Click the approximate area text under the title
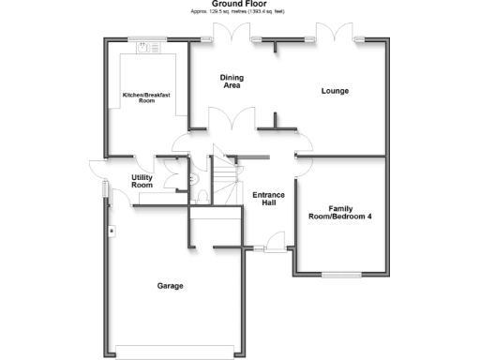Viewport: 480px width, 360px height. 238,13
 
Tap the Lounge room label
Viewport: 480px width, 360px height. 335,91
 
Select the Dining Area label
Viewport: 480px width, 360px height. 231,82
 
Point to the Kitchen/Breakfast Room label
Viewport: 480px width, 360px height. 138,97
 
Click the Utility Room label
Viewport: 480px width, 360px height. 142,181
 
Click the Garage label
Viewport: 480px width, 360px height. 170,285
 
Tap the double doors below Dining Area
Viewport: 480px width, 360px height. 231,120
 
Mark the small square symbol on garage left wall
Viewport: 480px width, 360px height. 111,230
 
